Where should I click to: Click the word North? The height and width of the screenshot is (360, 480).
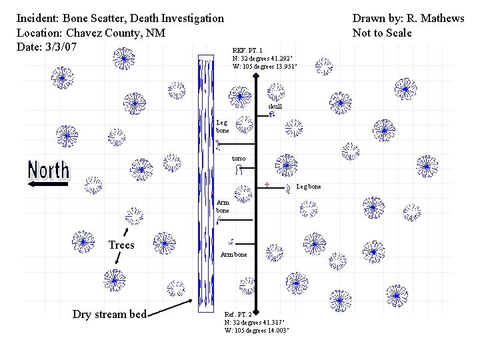coord(48,170)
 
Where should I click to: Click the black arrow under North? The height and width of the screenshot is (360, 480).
coord(48,187)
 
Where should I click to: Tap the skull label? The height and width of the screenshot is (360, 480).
coord(275,107)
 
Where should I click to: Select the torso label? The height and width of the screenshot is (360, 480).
coord(238,159)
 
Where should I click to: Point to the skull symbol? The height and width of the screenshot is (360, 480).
coord(273,115)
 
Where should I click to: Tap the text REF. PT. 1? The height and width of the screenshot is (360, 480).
coord(247,51)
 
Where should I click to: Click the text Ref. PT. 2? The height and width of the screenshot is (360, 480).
coord(239,314)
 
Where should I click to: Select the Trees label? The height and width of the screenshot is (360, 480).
coord(121,245)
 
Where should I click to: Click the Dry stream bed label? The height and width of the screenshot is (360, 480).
coord(109,315)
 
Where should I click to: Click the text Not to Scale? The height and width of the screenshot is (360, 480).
coord(382,33)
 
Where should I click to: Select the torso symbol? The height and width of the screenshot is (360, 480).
coord(237,171)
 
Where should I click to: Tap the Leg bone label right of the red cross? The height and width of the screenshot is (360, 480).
coord(308,187)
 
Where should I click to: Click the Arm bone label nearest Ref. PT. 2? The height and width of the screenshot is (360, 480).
coord(233,255)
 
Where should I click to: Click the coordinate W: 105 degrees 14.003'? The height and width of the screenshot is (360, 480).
coord(257,330)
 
